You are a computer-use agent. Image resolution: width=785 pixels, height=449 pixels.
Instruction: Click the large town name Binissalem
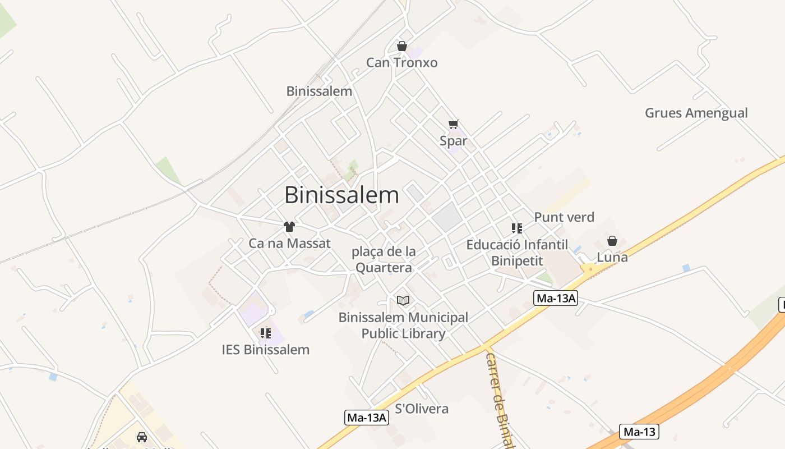[x=341, y=195]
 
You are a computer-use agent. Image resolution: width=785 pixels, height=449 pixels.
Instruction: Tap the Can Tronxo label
[x=401, y=62]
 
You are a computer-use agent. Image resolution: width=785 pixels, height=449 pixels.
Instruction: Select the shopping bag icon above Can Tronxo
[x=401, y=46]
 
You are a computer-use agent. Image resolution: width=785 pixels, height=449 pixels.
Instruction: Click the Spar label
[x=453, y=141]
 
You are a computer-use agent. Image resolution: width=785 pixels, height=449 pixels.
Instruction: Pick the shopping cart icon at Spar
[x=453, y=124]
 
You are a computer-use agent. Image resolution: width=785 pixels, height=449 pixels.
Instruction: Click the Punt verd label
[x=564, y=217]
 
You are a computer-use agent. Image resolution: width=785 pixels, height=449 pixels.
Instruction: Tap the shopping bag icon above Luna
[x=612, y=241]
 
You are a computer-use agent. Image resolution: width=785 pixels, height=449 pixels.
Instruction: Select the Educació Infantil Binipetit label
[x=517, y=253]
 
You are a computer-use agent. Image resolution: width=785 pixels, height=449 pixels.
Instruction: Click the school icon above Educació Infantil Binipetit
[x=517, y=228]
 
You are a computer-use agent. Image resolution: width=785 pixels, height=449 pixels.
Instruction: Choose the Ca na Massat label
[x=289, y=244]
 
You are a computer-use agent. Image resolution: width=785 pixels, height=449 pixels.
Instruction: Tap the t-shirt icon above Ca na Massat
[x=289, y=227]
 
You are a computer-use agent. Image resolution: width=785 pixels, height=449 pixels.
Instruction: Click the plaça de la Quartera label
[x=384, y=259]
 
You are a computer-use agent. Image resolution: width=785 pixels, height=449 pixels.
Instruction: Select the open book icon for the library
[x=403, y=300]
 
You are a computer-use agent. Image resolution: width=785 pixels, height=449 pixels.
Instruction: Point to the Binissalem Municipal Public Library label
[x=403, y=326]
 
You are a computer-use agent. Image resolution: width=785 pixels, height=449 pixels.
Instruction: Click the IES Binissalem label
[x=265, y=350]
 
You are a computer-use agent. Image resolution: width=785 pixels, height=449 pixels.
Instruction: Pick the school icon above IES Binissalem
[x=266, y=333]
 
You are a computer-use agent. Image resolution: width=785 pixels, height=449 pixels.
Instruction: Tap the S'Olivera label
[x=422, y=409]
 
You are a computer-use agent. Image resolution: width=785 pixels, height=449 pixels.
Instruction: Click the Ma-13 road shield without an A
[x=639, y=432]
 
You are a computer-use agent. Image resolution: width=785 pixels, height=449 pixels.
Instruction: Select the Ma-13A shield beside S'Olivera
[x=366, y=418]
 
